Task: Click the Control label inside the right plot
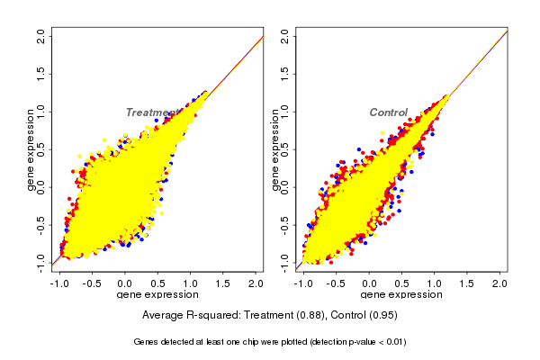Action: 389,112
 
